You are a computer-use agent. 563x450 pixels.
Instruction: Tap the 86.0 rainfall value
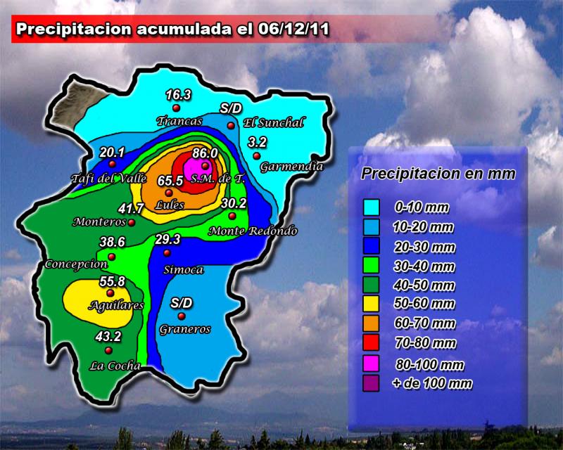coord(205,153)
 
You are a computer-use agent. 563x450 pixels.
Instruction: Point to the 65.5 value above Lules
coord(170,181)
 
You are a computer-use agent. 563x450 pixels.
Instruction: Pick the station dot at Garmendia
coord(258,155)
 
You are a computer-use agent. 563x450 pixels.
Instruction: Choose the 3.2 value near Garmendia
coord(258,142)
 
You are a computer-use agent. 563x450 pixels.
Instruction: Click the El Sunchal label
coord(273,124)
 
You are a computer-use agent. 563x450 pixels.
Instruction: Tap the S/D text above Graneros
coord(182,302)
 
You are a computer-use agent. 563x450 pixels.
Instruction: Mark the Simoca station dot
coord(167,253)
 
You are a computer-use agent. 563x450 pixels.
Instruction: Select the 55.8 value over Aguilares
coord(112,281)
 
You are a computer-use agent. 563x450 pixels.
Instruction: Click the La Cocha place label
coord(115,366)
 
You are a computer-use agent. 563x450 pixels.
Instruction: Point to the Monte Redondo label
coord(253,231)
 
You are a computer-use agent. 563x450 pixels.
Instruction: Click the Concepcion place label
coord(76,264)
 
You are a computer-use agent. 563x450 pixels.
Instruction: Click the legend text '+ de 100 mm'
coord(432,384)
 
